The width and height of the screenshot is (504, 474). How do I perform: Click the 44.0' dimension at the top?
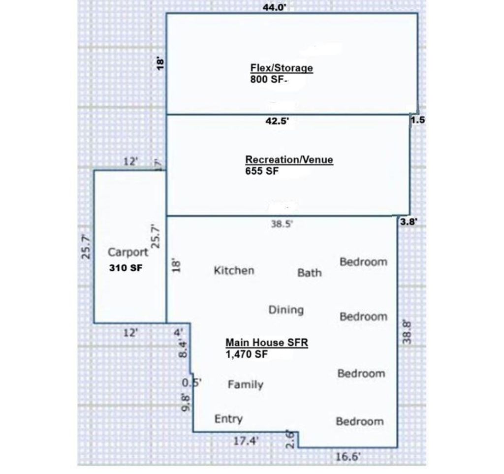[275, 7]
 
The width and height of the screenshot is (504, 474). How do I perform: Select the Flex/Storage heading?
[282, 68]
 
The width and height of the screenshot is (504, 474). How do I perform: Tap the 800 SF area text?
[268, 79]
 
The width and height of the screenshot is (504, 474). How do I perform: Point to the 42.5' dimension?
[278, 121]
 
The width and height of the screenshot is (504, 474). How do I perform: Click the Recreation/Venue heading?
[289, 159]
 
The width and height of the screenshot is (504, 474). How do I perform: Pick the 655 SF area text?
[262, 171]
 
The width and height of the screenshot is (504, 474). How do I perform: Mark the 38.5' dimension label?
[282, 223]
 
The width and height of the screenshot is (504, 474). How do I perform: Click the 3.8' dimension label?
[409, 221]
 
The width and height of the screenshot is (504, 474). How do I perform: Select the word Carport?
[128, 253]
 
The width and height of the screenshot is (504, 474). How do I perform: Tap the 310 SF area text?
[126, 268]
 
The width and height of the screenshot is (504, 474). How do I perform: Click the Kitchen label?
[234, 270]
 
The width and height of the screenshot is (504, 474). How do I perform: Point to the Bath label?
[309, 273]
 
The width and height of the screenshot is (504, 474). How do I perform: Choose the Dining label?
[286, 310]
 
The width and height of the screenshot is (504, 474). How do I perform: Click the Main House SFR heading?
[267, 343]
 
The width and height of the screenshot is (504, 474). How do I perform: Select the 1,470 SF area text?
[247, 354]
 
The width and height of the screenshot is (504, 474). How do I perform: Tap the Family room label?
[246, 384]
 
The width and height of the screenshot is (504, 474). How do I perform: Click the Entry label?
[228, 419]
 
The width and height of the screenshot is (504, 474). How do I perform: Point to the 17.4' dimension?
[246, 441]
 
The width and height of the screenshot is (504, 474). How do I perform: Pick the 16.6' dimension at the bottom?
[348, 456]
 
